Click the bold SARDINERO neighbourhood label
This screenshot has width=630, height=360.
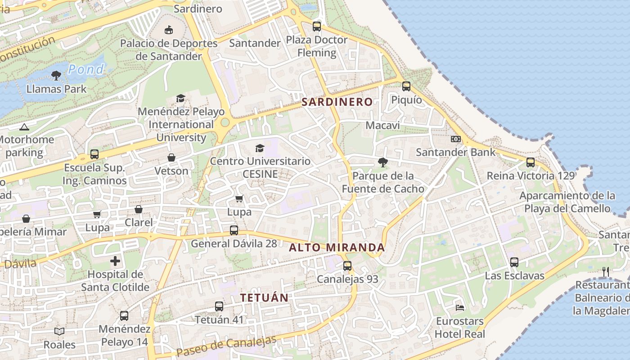tap(337, 102)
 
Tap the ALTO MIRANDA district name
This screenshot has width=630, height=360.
tap(337, 247)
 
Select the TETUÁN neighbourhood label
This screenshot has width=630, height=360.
tap(264, 298)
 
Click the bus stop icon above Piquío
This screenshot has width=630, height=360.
tap(406, 86)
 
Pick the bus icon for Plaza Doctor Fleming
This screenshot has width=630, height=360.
tap(317, 27)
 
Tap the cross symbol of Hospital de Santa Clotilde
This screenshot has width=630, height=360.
tap(115, 261)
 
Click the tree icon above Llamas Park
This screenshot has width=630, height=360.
tap(56, 76)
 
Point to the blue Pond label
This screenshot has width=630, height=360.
tap(86, 69)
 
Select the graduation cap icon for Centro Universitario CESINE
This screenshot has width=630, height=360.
tap(260, 148)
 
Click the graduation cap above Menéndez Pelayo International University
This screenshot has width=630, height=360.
tap(180, 98)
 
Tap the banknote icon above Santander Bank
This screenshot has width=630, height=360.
tap(456, 139)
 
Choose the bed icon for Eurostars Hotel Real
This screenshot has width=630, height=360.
tap(460, 308)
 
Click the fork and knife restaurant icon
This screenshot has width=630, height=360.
tap(606, 271)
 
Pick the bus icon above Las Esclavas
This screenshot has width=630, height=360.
tap(514, 262)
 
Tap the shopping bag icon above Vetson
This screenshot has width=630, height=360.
tap(171, 157)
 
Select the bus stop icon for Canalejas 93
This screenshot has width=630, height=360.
tap(347, 265)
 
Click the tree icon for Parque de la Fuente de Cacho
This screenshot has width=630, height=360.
tap(383, 162)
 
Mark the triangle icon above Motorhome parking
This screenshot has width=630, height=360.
tap(24, 127)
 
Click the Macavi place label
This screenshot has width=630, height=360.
tap(382, 125)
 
